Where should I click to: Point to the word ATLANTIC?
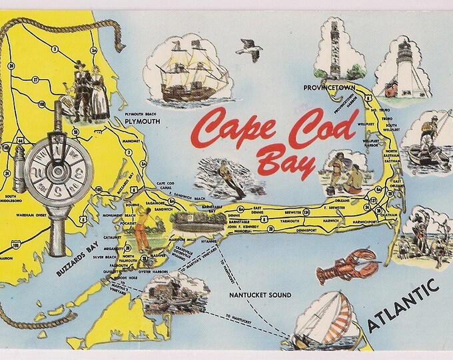click(x=403, y=305)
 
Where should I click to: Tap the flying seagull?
click(x=250, y=49)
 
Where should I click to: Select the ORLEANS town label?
click(x=341, y=198)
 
